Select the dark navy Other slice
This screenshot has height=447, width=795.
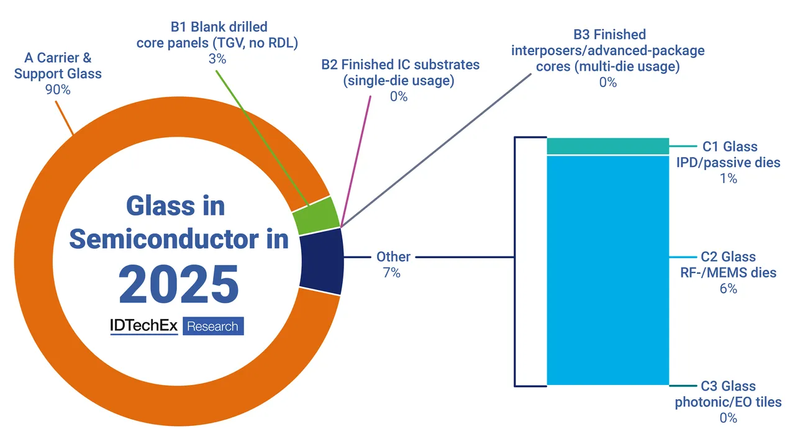321,261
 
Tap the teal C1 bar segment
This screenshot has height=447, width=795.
607,146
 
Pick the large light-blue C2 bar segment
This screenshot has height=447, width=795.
607,270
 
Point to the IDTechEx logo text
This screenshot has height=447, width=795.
144,326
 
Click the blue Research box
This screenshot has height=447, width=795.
212,327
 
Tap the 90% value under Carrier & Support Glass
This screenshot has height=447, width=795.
58,90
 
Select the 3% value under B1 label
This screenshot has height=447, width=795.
218,60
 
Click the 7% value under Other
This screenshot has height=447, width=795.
392,273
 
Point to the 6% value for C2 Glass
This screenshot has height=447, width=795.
729,289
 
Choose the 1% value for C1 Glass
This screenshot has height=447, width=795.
729,178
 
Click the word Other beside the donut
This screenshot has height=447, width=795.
393,256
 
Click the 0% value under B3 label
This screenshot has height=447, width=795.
608,82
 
